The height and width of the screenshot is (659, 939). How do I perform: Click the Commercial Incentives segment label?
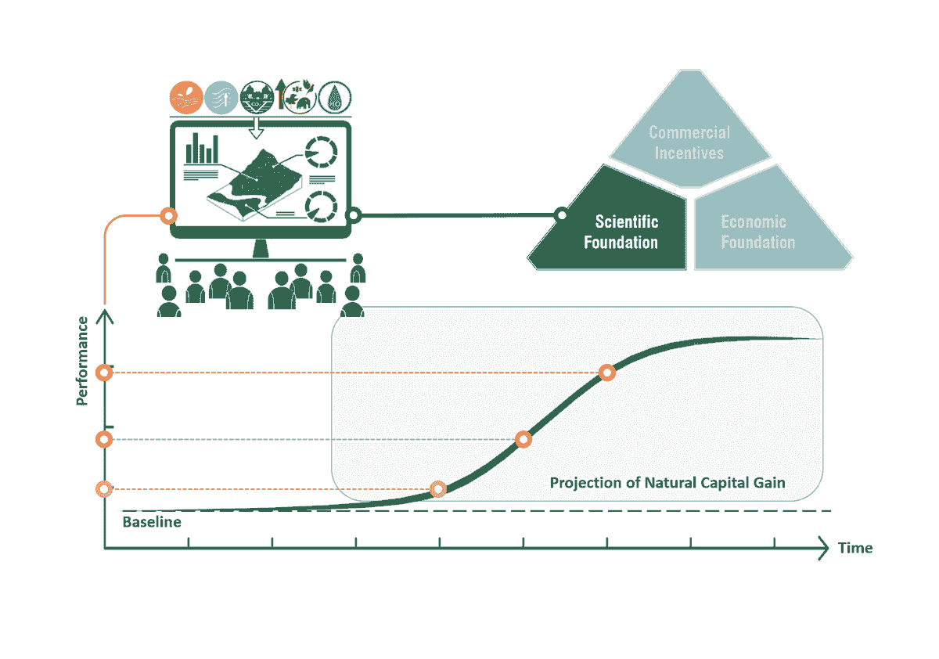click(x=689, y=142)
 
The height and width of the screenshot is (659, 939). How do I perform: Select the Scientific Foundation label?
click(x=621, y=232)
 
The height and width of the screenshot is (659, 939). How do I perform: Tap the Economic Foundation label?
click(x=758, y=232)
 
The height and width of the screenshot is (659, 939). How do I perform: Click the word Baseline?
click(x=152, y=522)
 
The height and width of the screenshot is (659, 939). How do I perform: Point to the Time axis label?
click(x=855, y=548)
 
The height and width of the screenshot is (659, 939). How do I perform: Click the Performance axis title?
click(x=82, y=361)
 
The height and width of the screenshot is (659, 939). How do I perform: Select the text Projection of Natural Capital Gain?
click(x=667, y=483)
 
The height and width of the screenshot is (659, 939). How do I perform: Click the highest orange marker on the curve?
click(x=607, y=373)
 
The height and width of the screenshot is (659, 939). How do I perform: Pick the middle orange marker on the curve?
click(x=523, y=439)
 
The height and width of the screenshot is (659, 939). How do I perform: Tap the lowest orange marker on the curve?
click(x=438, y=489)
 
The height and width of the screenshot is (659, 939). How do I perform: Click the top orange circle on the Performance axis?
click(x=104, y=373)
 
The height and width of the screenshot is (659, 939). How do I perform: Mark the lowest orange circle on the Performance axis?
click(x=104, y=489)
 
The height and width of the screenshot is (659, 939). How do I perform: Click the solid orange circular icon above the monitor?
click(x=186, y=98)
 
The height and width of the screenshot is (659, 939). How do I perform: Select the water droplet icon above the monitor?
click(x=335, y=98)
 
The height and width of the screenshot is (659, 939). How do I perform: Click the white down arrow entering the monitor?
click(x=256, y=128)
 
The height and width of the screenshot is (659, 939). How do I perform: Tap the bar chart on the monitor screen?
click(x=202, y=149)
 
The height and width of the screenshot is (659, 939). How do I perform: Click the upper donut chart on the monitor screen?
click(x=321, y=152)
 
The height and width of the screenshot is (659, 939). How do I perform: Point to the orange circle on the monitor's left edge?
click(x=168, y=216)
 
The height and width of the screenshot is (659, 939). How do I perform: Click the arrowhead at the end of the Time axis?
click(x=823, y=548)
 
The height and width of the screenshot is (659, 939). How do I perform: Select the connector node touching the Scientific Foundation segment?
click(x=561, y=215)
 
